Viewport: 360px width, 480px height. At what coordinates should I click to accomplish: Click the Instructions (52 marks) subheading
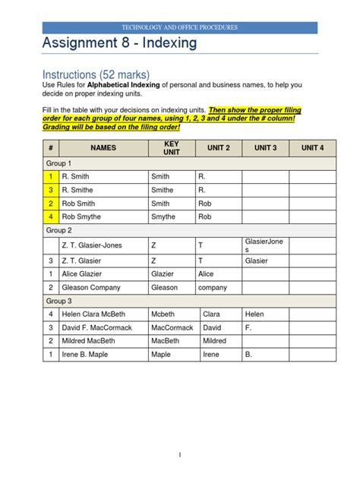92,74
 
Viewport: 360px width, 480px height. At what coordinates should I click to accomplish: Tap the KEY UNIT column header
172,147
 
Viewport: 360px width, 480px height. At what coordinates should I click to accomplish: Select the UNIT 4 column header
311,147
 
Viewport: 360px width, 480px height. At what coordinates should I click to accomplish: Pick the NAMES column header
103,147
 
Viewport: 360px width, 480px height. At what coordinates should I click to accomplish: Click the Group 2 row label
59,229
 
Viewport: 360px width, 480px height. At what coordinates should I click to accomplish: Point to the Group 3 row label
59,301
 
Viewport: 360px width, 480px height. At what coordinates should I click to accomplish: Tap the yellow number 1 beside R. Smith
50,175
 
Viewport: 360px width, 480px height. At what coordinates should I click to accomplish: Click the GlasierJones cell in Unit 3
264,245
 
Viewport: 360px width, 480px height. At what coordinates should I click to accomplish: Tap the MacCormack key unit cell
173,327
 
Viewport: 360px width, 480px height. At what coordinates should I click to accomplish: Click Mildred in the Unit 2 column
215,341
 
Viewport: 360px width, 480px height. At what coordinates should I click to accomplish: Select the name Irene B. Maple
86,355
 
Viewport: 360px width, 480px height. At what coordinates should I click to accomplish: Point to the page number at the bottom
180,454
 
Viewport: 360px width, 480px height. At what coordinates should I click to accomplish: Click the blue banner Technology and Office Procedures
180,27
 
